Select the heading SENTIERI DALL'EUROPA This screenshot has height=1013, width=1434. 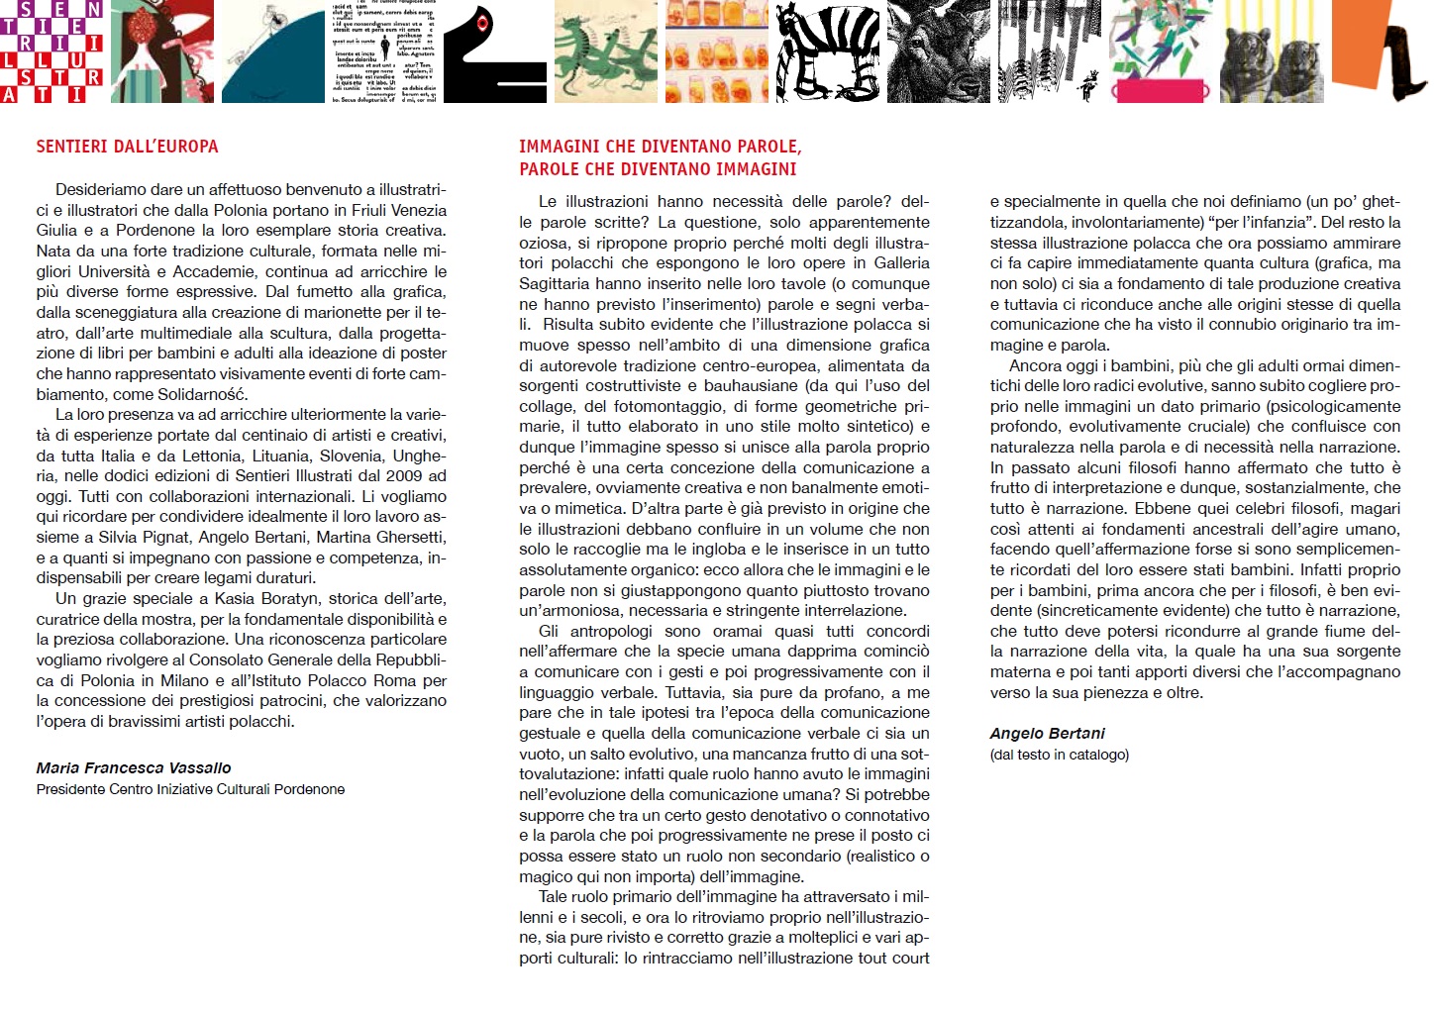127,147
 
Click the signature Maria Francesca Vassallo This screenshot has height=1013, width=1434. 134,767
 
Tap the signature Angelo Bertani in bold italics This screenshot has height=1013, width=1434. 1047,733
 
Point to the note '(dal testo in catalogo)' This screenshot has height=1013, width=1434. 1059,755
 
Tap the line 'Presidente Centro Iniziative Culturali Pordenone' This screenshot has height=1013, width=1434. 190,789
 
